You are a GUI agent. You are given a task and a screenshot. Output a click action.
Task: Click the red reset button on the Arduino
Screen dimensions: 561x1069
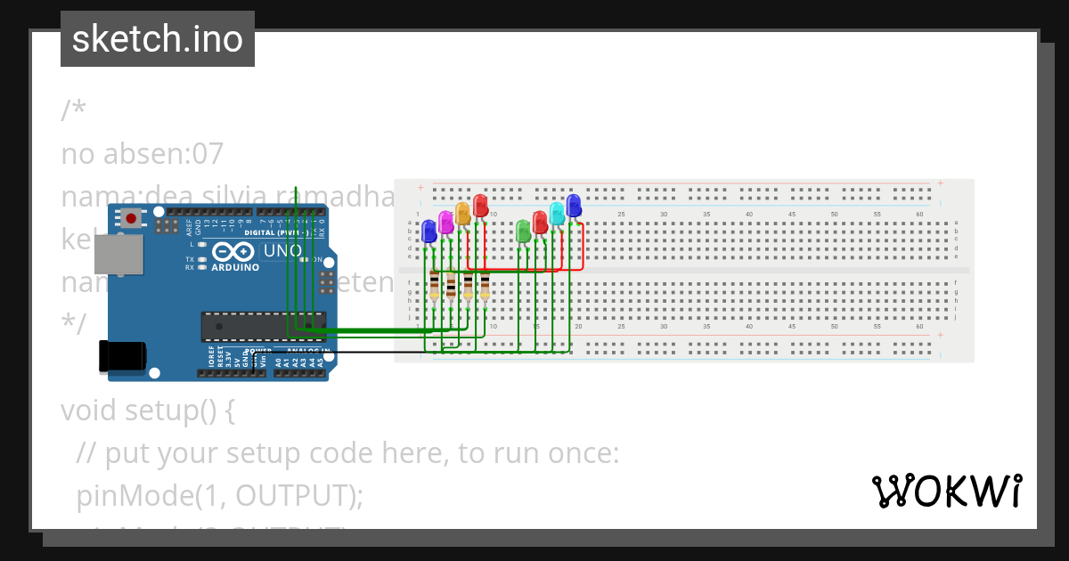(132, 218)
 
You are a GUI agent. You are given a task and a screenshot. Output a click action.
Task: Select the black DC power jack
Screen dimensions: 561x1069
(123, 355)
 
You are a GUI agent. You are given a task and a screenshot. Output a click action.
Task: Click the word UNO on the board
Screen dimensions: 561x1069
(282, 251)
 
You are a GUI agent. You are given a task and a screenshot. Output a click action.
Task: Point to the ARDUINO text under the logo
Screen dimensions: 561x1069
(235, 266)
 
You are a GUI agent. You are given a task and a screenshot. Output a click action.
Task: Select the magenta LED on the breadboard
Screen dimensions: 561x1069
(445, 222)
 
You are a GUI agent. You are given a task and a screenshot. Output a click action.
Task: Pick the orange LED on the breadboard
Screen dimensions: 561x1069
(462, 213)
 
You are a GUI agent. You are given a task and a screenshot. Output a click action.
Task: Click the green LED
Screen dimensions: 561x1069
(523, 231)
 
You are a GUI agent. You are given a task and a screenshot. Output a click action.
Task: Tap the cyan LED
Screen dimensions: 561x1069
(557, 213)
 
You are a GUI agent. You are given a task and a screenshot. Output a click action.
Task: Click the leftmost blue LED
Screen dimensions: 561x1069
(428, 231)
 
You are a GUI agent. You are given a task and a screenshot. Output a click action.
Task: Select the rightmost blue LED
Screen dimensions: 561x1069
(574, 205)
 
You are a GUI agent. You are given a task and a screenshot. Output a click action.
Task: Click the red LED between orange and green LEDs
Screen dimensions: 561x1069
(480, 205)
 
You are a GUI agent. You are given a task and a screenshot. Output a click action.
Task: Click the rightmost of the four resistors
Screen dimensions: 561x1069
(486, 287)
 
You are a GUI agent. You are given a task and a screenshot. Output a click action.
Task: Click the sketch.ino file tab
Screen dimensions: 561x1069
(158, 39)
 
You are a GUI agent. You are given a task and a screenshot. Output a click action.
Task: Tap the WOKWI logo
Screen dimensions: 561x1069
(947, 491)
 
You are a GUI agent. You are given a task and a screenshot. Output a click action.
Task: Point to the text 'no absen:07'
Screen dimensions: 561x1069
(142, 154)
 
